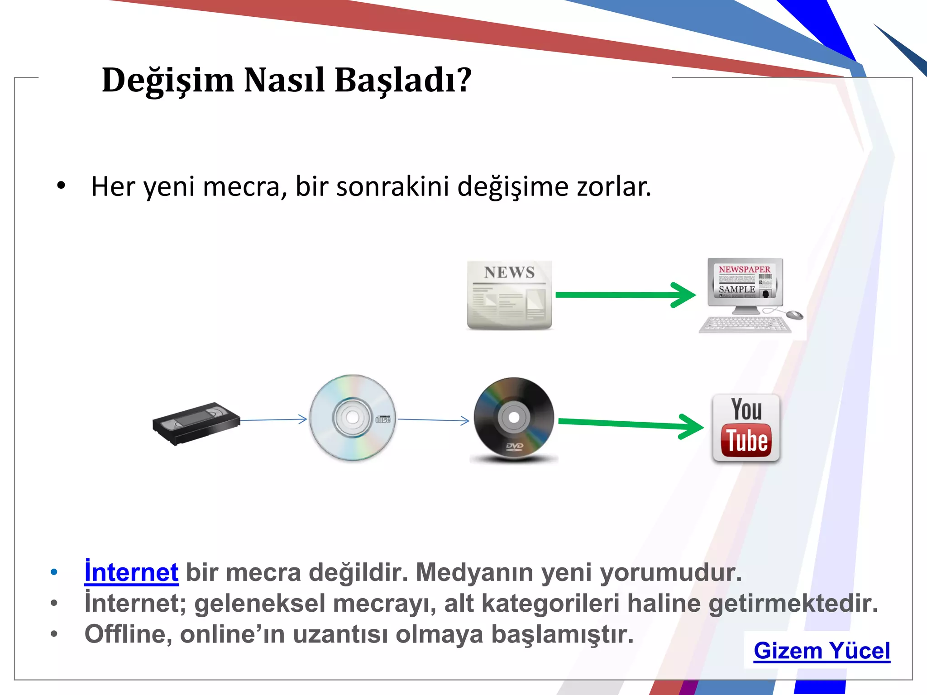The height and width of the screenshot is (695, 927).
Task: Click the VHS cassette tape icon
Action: coord(196,424)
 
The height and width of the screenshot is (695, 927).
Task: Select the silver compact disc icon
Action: coord(352,418)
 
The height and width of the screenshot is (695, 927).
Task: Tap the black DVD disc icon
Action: coord(514,418)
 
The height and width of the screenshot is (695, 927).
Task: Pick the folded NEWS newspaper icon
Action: coord(509,295)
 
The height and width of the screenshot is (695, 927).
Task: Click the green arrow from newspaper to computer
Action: coord(625,295)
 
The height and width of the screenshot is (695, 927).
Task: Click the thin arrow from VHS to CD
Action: coord(274,420)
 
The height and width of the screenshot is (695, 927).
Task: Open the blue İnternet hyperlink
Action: coord(131,572)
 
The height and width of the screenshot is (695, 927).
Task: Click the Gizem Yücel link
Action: coord(822,651)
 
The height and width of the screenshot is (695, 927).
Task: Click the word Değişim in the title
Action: coord(168,81)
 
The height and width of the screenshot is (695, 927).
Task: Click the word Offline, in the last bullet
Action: coord(128,634)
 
